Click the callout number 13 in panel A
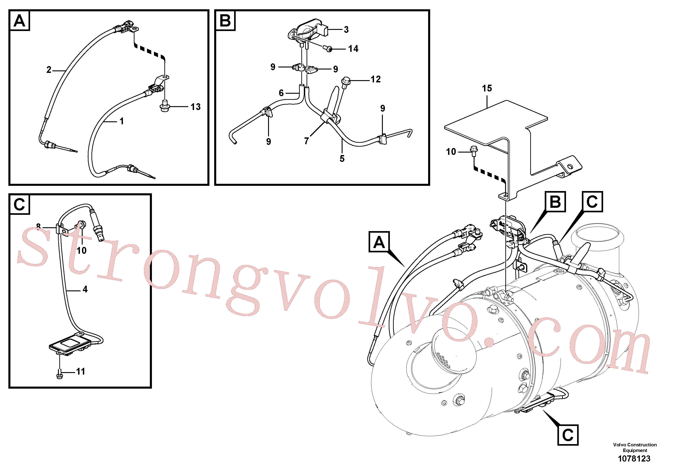pos(196,107)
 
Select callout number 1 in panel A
pos(122,121)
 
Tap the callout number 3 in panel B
pos(346,30)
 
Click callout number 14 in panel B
pos(353,49)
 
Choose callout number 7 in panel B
pos(307,141)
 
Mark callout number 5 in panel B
pos(342,159)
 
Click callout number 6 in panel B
pos(281,93)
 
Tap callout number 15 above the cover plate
pos(487,88)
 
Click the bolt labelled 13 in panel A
pos(165,106)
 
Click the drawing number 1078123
pos(634,459)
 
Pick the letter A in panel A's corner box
pos(20,21)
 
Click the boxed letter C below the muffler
pos(568,435)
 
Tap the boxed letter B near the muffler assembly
pos(555,202)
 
